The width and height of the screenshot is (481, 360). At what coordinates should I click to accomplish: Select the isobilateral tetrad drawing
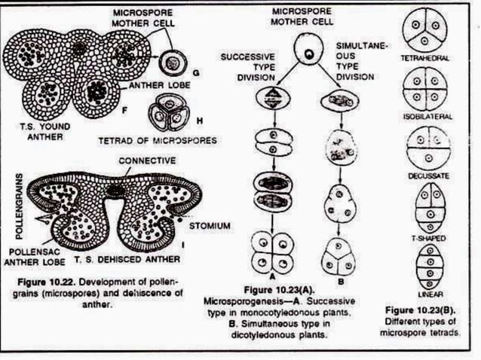click(427, 89)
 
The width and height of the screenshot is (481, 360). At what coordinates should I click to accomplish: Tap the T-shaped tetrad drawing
click(427, 204)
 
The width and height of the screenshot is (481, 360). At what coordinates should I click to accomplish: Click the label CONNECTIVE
click(147, 161)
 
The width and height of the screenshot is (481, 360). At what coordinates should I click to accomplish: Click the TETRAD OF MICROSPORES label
click(157, 141)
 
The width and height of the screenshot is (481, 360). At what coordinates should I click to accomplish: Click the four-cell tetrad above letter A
click(271, 254)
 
